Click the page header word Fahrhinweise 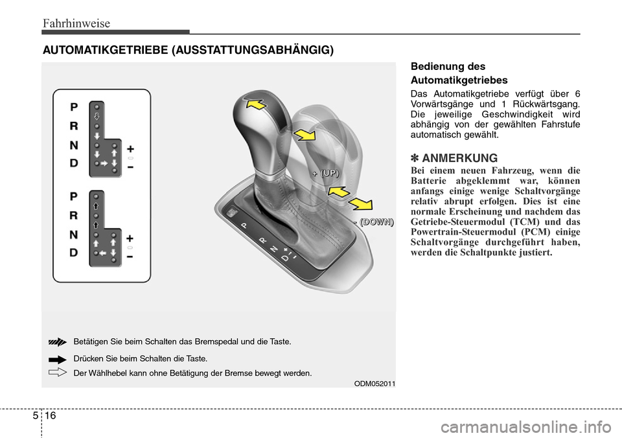[76, 23]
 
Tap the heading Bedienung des [448, 66]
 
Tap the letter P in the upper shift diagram [75, 107]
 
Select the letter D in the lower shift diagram [75, 252]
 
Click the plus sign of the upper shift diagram [130, 148]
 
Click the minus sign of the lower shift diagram [130, 257]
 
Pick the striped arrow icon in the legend [58, 341]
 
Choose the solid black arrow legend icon [58, 358]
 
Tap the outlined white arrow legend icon [58, 372]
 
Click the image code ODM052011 [374, 383]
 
